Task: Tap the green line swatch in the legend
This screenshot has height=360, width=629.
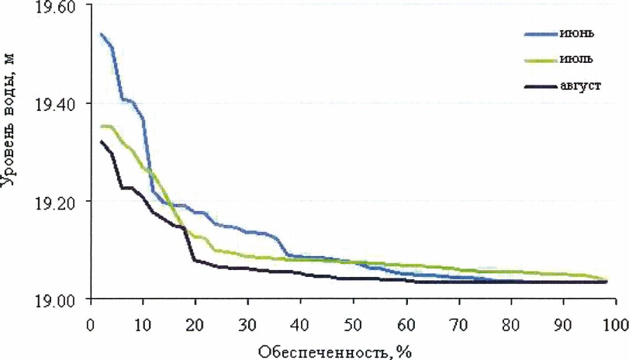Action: [537, 60]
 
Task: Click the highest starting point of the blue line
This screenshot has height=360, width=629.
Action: [102, 34]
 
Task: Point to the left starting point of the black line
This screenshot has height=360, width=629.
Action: [102, 141]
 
